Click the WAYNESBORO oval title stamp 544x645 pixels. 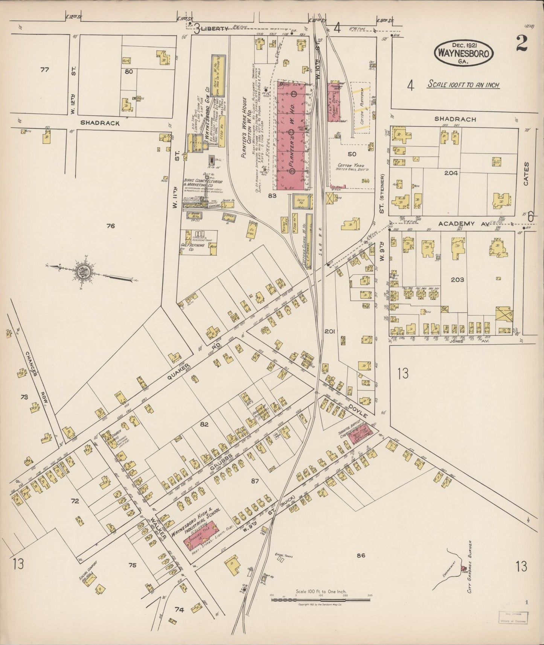pos(463,53)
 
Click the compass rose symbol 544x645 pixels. pos(83,272)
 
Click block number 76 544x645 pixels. pos(110,226)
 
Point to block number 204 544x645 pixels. pos(451,173)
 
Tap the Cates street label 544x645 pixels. pos(526,174)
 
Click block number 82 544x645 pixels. pos(204,424)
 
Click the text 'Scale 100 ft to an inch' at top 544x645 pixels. pos(463,84)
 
